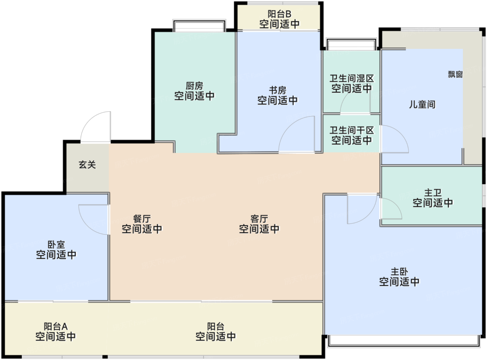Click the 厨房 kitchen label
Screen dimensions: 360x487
[194, 86]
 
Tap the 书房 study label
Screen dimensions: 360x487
[277, 90]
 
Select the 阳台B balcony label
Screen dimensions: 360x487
[279, 14]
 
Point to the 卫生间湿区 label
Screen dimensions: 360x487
[351, 79]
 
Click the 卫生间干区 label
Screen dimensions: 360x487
[351, 130]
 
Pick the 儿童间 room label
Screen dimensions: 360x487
[422, 104]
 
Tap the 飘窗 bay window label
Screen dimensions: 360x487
[455, 74]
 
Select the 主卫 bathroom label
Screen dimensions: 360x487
[433, 193]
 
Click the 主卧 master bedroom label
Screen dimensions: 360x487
[399, 272]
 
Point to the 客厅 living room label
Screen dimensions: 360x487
[259, 219]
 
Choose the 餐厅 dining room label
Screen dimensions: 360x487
[142, 219]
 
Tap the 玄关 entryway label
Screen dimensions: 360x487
[87, 165]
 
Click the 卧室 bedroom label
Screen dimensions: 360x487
[56, 245]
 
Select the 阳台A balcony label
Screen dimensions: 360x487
[56, 327]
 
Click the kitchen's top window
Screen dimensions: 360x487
[199, 26]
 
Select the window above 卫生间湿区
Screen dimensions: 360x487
[351, 45]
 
